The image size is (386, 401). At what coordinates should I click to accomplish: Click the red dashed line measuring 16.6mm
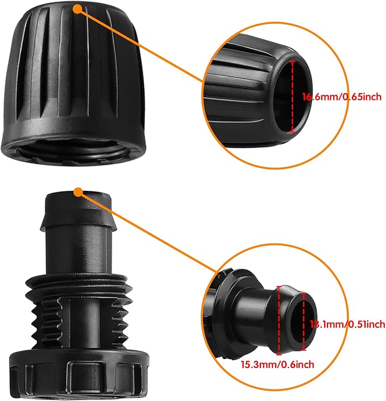pos(293,97)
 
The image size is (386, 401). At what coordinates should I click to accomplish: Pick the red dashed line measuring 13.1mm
pos(304,323)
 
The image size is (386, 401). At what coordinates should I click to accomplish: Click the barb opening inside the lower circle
pos(292,322)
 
